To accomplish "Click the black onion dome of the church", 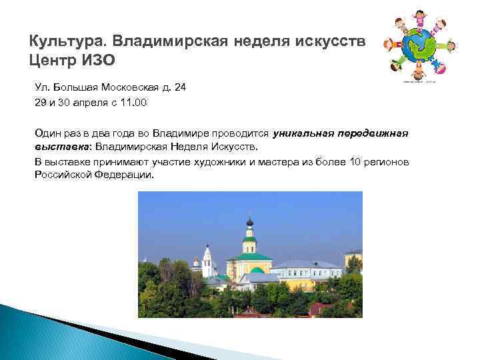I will coord(250,222).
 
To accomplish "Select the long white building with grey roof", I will coord(307,272).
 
